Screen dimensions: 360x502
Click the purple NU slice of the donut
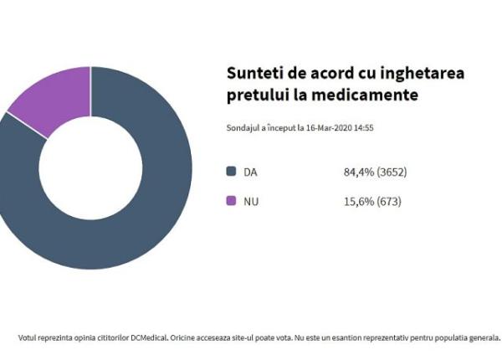click(55, 97)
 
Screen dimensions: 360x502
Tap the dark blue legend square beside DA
click(232, 172)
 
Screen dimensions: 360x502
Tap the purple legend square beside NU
click(232, 201)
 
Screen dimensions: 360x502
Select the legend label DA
click(250, 172)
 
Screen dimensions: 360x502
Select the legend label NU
click(250, 201)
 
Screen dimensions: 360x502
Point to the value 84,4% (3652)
click(375, 172)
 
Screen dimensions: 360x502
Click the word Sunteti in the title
click(254, 74)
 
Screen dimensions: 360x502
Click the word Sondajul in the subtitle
click(243, 128)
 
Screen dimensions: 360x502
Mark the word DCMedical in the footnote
click(147, 338)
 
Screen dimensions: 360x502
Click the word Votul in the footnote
click(28, 338)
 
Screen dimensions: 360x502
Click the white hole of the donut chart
click(90, 167)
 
